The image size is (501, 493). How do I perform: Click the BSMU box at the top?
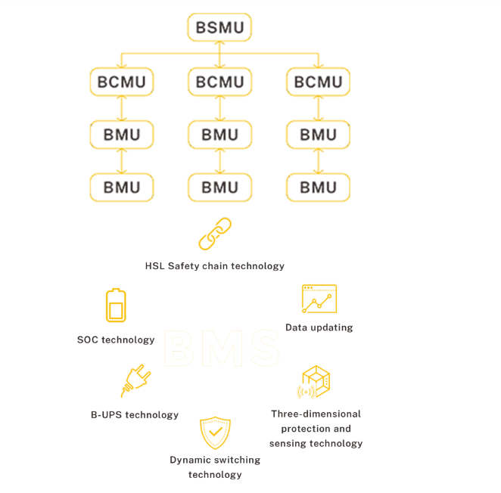pyautogui.click(x=219, y=28)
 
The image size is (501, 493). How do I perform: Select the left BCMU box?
pyautogui.click(x=122, y=82)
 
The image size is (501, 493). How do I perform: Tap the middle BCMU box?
pyautogui.click(x=219, y=82)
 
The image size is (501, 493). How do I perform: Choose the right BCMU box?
pyautogui.click(x=318, y=82)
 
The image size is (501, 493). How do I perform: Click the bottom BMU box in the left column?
pyautogui.click(x=122, y=188)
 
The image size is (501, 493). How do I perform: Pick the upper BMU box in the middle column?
pyautogui.click(x=219, y=135)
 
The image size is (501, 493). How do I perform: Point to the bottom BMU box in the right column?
pyautogui.click(x=318, y=188)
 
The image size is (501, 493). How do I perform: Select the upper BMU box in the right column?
pyautogui.click(x=318, y=135)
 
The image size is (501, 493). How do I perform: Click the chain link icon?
pyautogui.click(x=215, y=234)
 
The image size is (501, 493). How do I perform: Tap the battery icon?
pyautogui.click(x=116, y=305)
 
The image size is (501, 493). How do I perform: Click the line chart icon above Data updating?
pyautogui.click(x=319, y=299)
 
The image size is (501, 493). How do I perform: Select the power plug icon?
pyautogui.click(x=135, y=381)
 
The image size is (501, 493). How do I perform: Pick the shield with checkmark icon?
pyautogui.click(x=215, y=433)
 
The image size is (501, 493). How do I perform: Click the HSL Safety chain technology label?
pyautogui.click(x=215, y=266)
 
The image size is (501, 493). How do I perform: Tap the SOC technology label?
pyautogui.click(x=116, y=340)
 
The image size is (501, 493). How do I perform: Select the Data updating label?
pyautogui.click(x=319, y=328)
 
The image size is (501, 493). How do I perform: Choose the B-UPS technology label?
pyautogui.click(x=135, y=415)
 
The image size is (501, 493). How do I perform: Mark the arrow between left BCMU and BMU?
pyautogui.click(x=122, y=108)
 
